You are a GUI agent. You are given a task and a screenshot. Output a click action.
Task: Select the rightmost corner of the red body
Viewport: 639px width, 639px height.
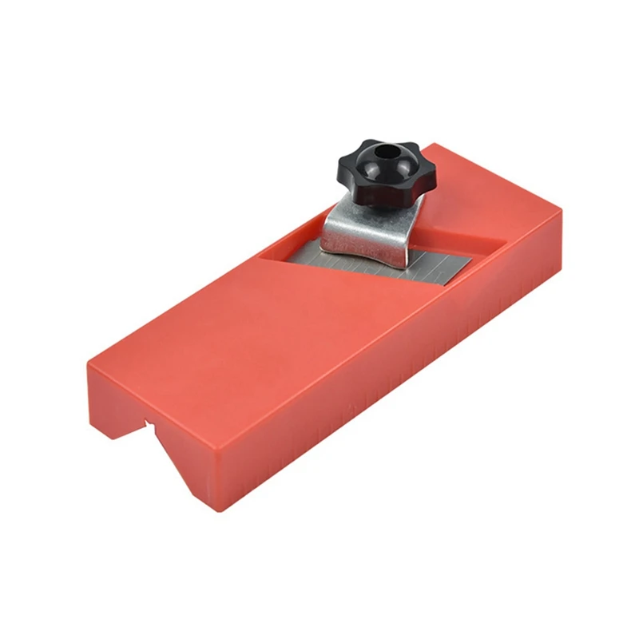(x=562, y=212)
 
